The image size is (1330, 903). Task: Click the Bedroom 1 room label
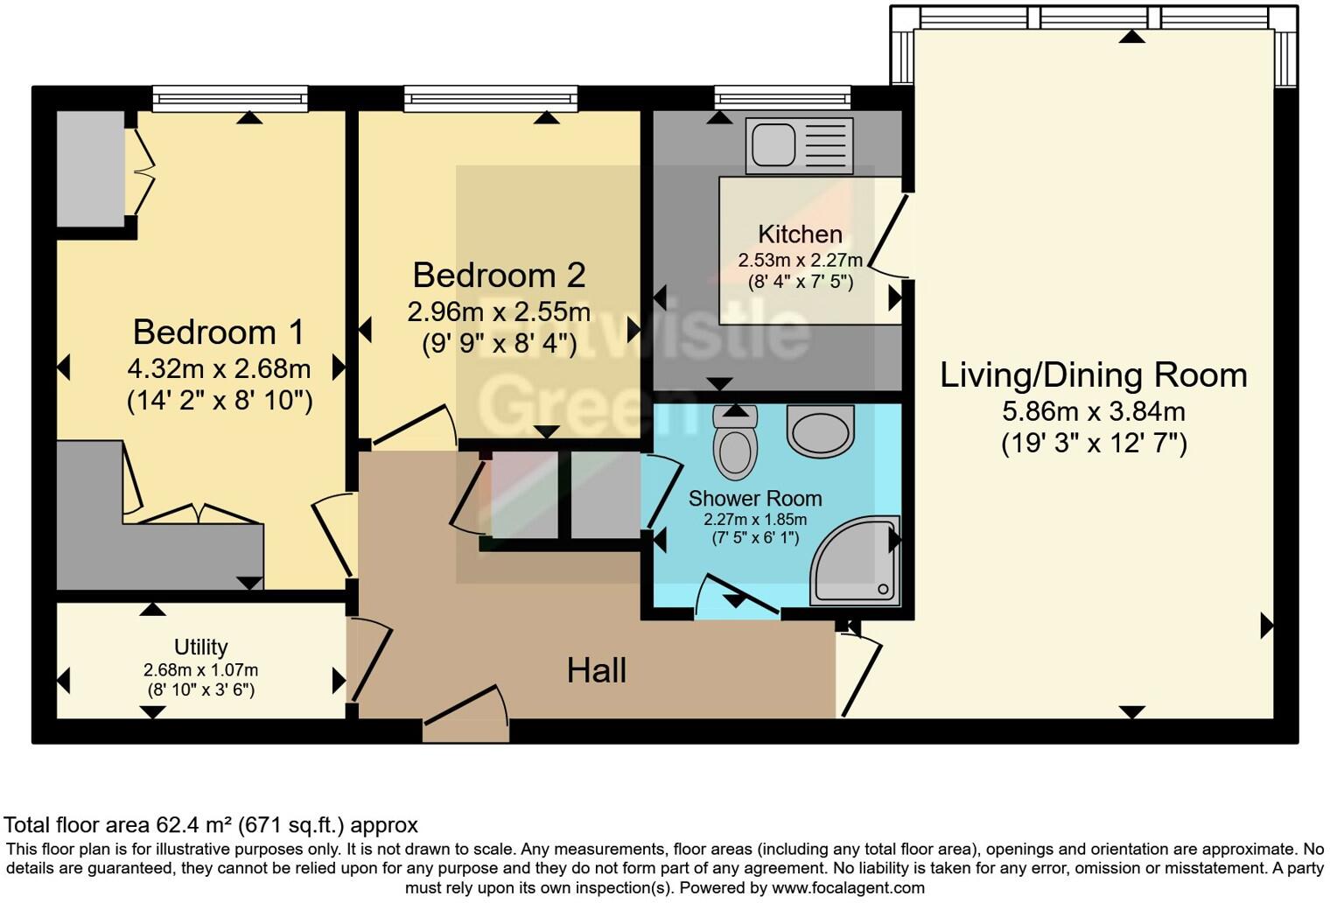click(x=219, y=332)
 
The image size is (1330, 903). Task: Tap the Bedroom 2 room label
click(x=499, y=276)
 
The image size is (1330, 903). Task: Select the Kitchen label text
click(x=800, y=234)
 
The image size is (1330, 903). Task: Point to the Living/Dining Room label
click(x=1093, y=375)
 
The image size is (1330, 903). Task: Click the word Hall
click(x=596, y=671)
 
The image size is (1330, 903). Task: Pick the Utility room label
click(x=200, y=647)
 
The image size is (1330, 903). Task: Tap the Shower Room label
click(x=754, y=499)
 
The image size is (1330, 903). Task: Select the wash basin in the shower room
click(x=820, y=429)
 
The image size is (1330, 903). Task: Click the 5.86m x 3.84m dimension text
click(x=1093, y=411)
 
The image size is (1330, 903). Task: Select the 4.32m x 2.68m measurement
click(x=219, y=367)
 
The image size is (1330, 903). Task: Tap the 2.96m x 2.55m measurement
click(x=499, y=311)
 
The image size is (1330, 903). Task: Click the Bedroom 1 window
click(x=230, y=98)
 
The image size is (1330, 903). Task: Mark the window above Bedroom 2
click(x=490, y=98)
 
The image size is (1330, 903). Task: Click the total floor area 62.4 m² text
click(x=211, y=825)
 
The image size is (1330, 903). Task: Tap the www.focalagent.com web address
click(x=846, y=887)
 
